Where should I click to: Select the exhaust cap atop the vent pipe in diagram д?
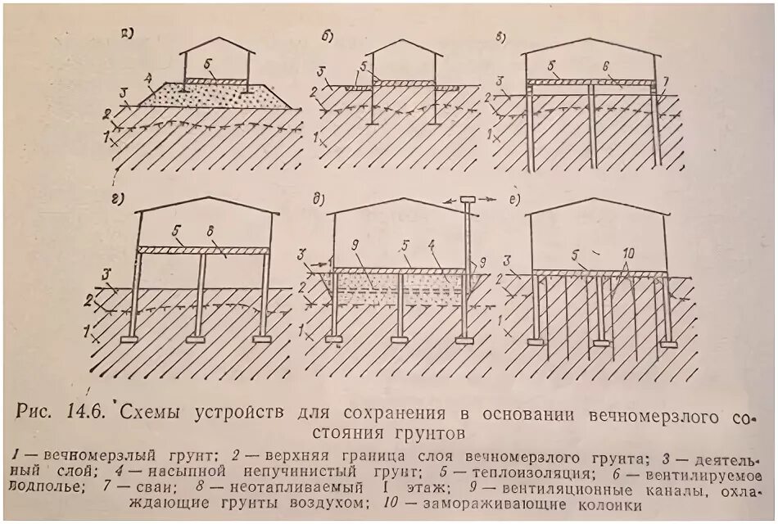(x=468, y=200)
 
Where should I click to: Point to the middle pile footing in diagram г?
(x=197, y=337)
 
